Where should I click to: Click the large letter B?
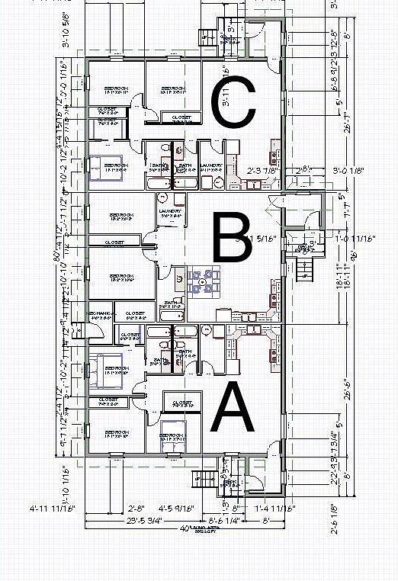233,238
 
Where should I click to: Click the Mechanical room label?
103,314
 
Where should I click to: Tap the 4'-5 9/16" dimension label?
176,507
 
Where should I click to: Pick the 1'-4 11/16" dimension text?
275,507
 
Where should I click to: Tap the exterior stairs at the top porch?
207,35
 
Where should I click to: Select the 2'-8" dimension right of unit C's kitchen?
303,169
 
